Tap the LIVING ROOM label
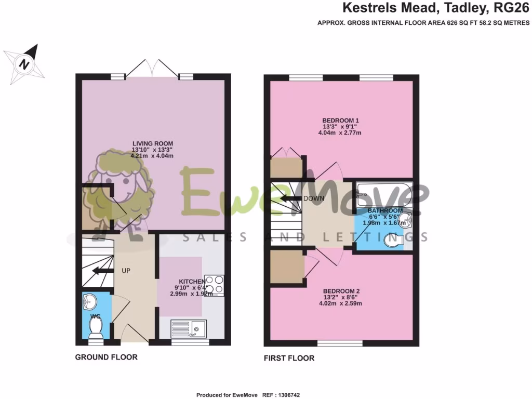[152, 143]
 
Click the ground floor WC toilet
[96, 326]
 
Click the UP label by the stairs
[126, 271]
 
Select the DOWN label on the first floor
[314, 198]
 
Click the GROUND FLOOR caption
[107, 357]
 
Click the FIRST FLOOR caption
[289, 358]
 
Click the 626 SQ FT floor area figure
[461, 23]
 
